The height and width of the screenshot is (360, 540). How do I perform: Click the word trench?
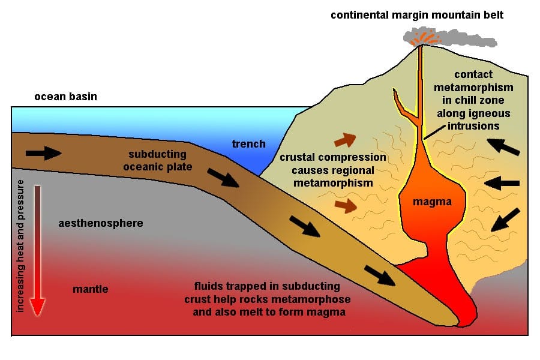tap(248, 143)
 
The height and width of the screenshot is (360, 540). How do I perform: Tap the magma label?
tap(432, 202)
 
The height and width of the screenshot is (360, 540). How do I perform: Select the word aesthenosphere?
tap(101, 223)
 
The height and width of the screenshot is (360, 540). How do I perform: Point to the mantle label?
tap(90, 289)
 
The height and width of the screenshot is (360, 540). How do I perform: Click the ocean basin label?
tap(65, 97)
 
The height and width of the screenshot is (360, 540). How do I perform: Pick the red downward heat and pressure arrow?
tap(37, 251)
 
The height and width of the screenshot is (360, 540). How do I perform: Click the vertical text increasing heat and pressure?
tap(20, 246)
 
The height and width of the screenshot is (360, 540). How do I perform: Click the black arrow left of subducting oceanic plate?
tap(43, 153)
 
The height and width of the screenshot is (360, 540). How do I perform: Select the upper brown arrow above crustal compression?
tap(345, 140)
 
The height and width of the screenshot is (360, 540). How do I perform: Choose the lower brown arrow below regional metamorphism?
tap(346, 206)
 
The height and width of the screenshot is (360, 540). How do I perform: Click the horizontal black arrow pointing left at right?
tap(502, 183)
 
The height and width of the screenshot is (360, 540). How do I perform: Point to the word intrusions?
tap(473, 126)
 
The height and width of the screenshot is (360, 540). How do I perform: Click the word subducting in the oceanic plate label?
tap(157, 154)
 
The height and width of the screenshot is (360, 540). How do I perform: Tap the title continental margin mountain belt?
tap(417, 15)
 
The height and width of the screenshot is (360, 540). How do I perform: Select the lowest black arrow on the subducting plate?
tap(380, 275)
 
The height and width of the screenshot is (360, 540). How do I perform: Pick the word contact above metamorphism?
tap(473, 74)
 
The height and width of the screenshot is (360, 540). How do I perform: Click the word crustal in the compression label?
tap(298, 157)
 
